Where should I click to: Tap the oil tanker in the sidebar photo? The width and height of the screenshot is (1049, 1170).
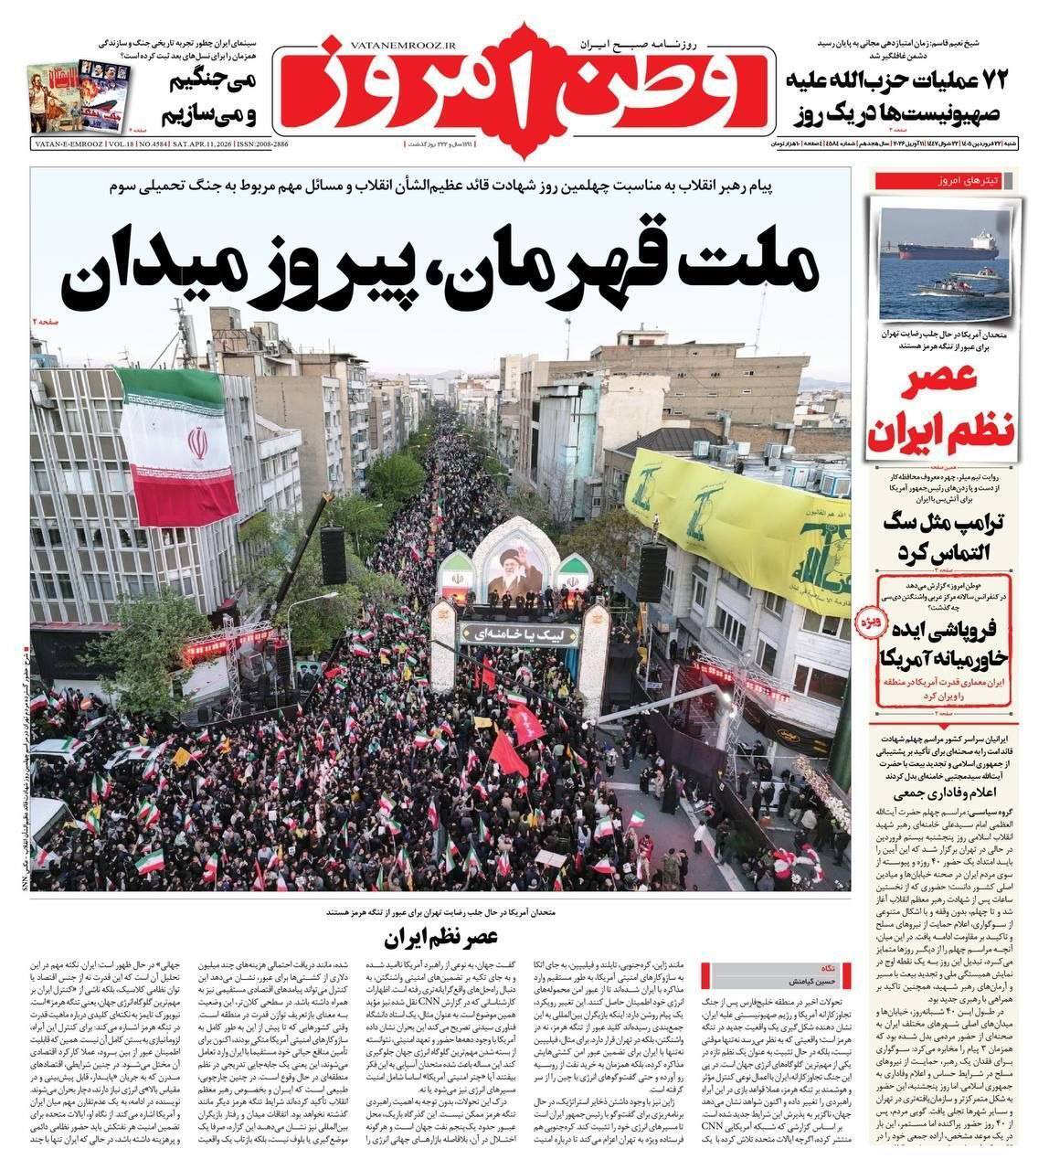coord(947,249)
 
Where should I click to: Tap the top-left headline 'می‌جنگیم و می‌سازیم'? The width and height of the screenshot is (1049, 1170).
coord(213,98)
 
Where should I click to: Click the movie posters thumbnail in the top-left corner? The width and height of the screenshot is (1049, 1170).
coord(78,96)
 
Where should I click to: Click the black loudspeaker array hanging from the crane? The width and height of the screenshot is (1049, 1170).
coord(333,555)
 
